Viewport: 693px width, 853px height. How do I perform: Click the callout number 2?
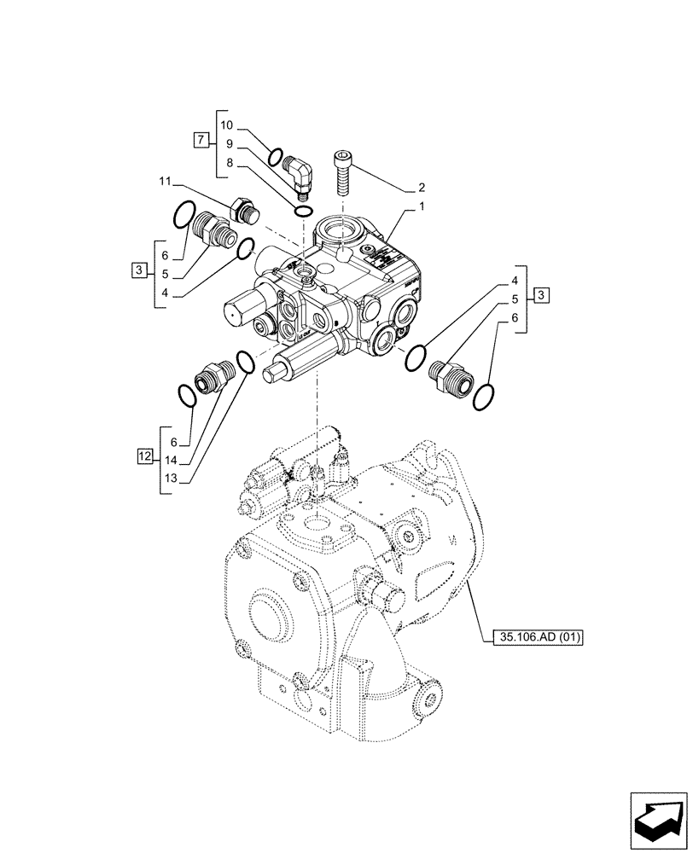[x=422, y=187]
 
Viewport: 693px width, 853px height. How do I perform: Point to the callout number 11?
[x=166, y=182]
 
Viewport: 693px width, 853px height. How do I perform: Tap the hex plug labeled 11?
[x=244, y=210]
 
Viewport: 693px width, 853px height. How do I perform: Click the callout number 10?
[x=226, y=125]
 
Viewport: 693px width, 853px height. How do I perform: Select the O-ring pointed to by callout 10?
[x=275, y=157]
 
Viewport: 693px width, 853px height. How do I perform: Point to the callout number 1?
[x=422, y=208]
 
